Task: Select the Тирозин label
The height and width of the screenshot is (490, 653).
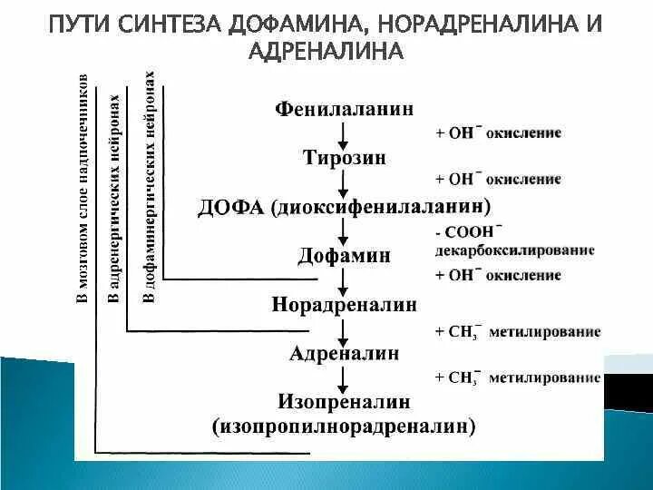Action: pos(344,157)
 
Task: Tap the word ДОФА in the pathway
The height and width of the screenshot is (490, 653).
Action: pos(228,207)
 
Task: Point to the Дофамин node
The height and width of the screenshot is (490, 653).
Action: pos(344,256)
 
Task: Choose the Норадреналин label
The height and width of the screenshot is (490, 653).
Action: pos(344,304)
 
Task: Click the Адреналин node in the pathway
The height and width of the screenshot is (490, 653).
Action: pos(344,352)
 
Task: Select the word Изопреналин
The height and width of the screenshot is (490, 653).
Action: pos(344,400)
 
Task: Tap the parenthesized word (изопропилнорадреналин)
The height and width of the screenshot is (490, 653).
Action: pos(344,424)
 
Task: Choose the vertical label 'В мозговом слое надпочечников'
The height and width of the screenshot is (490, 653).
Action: pos(83,191)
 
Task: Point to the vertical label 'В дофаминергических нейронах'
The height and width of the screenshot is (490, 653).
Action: pos(151,186)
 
